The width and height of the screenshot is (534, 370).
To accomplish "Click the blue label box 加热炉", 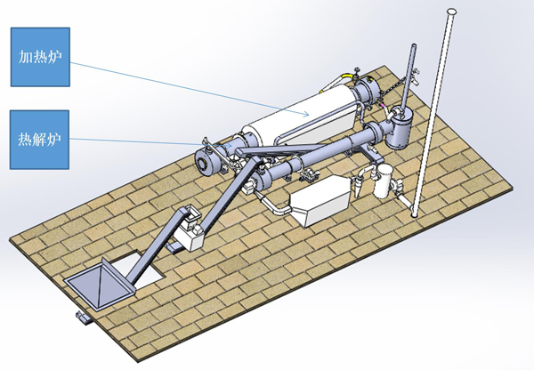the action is (40, 57).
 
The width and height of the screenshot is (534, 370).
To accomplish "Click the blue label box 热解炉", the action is (39, 140).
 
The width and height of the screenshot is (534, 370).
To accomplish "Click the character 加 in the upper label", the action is (25, 57).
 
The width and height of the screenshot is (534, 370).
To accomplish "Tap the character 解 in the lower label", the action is (39, 140).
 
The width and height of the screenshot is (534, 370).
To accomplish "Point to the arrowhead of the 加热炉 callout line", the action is (306, 114).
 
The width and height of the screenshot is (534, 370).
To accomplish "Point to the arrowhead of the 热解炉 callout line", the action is (230, 145).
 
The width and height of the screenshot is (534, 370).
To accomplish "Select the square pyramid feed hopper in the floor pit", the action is (100, 284).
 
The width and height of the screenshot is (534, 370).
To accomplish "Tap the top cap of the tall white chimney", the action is (451, 12).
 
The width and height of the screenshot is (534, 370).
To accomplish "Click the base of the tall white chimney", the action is (415, 214).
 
